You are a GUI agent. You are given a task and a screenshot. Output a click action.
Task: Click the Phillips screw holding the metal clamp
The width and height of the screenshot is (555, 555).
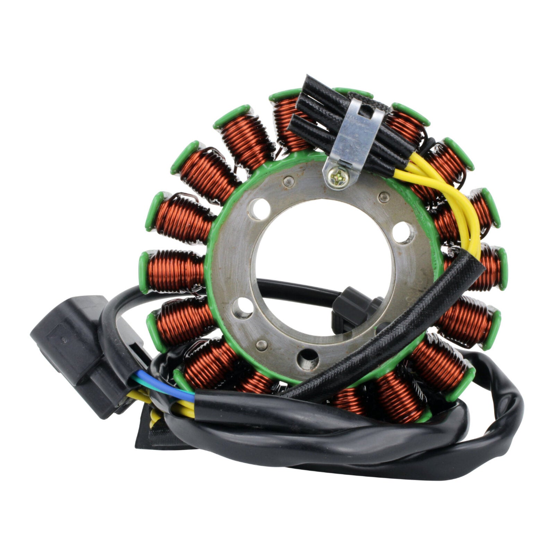tap(338, 179)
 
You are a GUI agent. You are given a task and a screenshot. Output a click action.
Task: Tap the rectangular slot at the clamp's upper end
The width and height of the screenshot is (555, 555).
tap(367, 110)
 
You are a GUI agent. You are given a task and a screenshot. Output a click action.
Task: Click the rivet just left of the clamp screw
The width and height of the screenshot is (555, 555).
tap(288, 180)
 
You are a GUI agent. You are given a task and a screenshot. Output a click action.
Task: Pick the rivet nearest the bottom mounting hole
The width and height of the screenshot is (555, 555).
tap(261, 344)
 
